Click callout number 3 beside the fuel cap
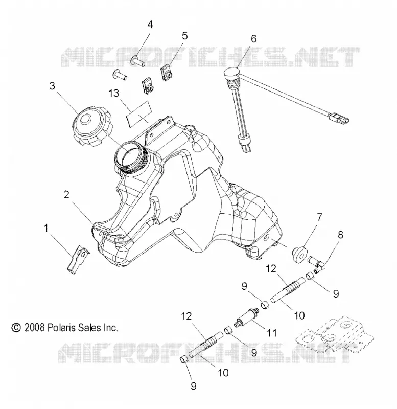52,85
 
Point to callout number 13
113,93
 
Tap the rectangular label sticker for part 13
139,114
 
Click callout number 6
253,39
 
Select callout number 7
319,217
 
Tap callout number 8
340,235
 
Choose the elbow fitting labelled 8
316,263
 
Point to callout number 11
272,333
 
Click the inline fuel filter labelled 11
247,316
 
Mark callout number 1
46,228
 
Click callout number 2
67,194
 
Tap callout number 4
150,25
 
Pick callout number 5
184,36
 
